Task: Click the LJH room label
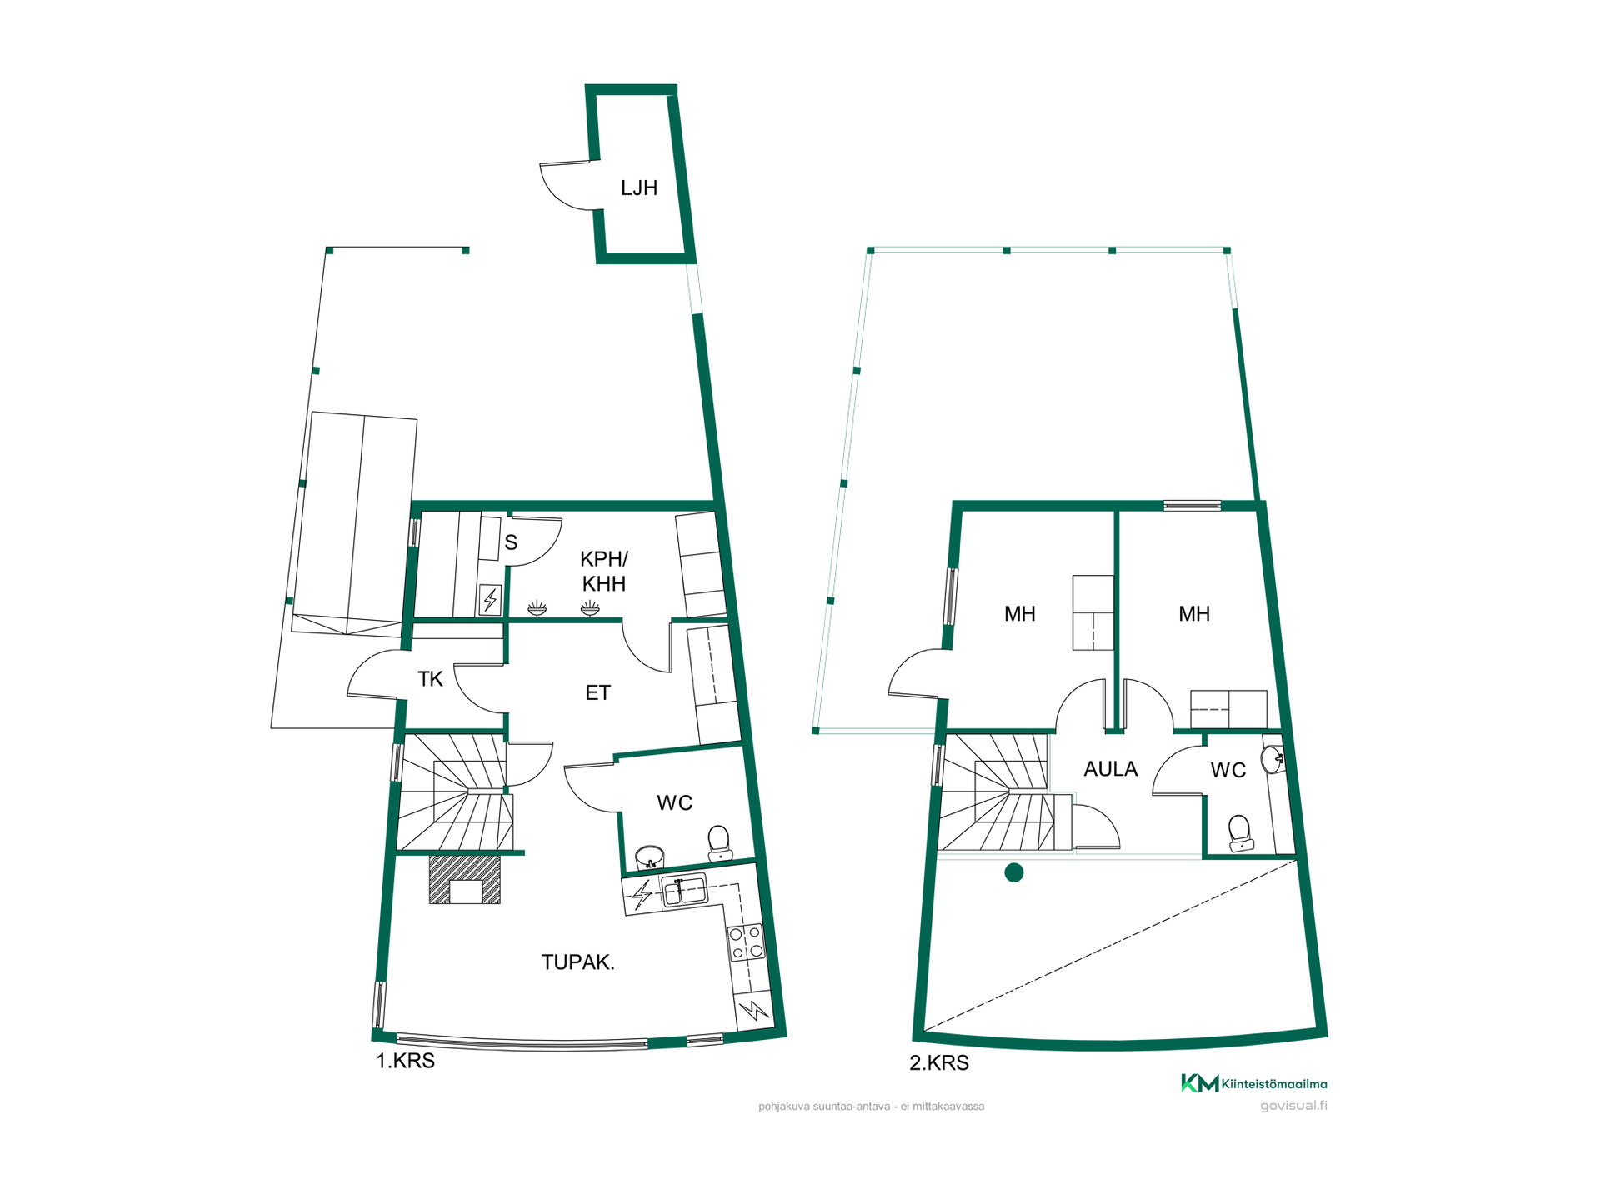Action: point(639,188)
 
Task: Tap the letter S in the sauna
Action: point(511,543)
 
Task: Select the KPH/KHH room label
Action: point(604,572)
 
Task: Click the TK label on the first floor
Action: point(430,680)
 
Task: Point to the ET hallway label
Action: point(598,693)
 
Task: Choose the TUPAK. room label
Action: point(578,962)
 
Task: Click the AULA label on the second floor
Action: point(1111,769)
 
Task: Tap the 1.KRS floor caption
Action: point(406,1062)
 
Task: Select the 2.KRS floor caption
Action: point(939,1063)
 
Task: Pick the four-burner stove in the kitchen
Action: point(746,942)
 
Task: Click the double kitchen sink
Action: point(683,890)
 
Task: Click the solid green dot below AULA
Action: point(1014,873)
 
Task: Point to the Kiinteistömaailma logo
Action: point(1253,1083)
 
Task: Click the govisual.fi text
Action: point(1293,1107)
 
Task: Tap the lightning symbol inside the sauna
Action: point(490,600)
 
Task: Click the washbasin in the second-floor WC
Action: point(1272,759)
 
